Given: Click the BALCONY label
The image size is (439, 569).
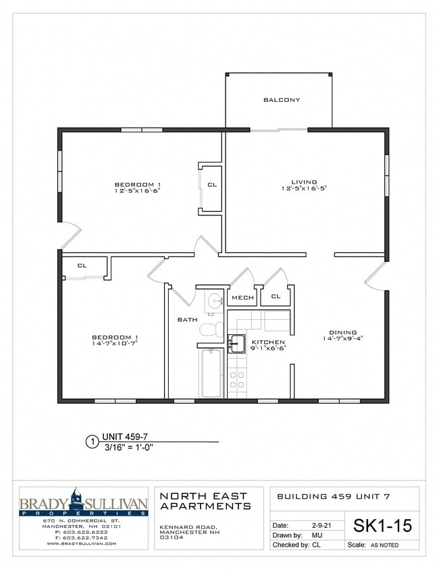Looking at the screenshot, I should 282,100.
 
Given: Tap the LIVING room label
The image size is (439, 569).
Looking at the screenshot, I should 304,182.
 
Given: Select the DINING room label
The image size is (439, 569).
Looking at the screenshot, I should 343,332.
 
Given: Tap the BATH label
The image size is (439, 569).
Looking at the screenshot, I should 186,319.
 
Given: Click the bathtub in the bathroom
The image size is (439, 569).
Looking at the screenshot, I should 211,373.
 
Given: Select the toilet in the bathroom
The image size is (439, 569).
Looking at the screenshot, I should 211,329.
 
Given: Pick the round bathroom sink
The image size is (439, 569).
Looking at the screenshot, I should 214,300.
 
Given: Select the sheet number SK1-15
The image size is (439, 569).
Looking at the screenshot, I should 382,524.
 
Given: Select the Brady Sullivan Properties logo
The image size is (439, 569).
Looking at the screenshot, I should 83,504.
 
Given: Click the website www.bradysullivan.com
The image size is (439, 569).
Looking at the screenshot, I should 83,543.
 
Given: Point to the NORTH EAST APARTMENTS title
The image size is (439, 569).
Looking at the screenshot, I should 205,501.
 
